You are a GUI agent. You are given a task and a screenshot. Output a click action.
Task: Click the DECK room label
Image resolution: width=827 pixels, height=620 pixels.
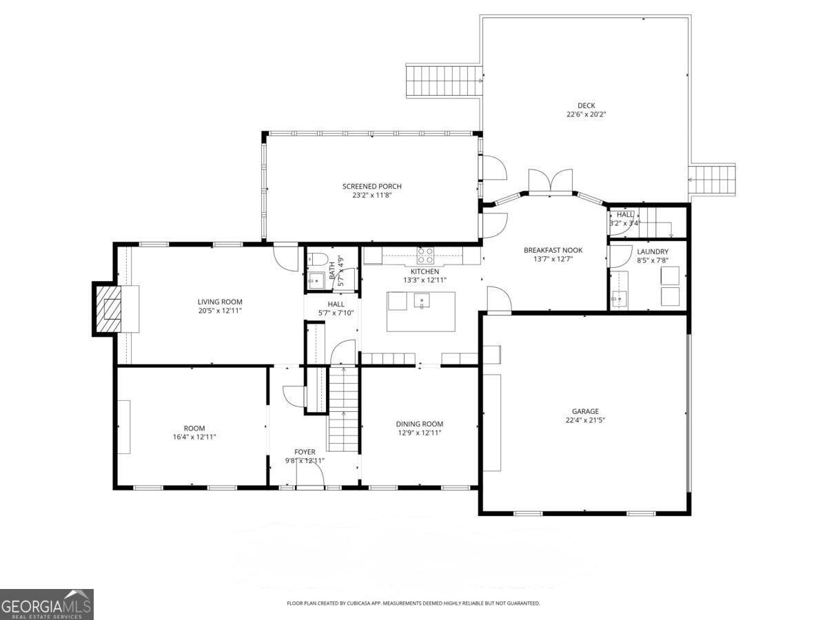[x=586, y=105]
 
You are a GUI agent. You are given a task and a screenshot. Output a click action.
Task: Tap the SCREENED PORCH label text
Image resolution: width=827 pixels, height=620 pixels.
[x=371, y=186]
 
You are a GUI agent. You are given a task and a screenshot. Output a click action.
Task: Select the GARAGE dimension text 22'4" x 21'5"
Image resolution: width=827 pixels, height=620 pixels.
[x=584, y=420]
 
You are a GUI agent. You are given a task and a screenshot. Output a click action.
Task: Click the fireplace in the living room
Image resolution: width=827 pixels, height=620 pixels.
[x=110, y=308]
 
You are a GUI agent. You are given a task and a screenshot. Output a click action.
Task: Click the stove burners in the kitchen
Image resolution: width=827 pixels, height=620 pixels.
[x=425, y=256]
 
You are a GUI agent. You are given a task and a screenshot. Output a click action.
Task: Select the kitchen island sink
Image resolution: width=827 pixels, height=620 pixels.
[x=421, y=300]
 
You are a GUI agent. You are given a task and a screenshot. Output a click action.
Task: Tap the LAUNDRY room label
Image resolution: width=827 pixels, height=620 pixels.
[x=652, y=251]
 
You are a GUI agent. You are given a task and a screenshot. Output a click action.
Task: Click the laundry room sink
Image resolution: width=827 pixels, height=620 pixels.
[x=620, y=299]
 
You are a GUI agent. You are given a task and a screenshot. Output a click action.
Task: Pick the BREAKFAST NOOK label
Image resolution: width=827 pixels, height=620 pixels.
[x=553, y=250]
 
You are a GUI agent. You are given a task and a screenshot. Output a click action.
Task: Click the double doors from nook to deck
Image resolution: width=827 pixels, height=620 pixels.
[x=551, y=181]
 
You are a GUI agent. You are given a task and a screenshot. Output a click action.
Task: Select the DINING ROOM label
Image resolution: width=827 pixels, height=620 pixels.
[x=419, y=424]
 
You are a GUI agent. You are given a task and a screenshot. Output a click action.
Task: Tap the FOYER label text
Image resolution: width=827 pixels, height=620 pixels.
[x=305, y=452]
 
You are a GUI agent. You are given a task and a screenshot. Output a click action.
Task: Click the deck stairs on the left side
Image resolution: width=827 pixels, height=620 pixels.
[x=442, y=81]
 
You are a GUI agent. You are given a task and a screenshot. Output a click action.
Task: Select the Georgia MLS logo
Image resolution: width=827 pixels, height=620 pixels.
[x=47, y=604]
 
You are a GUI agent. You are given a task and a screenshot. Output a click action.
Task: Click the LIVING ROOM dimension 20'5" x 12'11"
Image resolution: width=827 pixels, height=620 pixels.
[x=220, y=311]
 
